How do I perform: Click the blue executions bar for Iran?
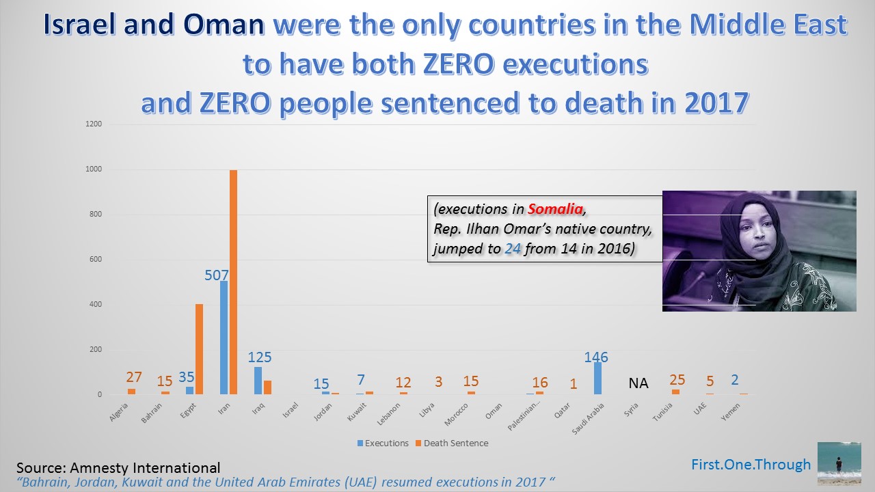tap(224, 338)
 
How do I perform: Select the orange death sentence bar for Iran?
tap(233, 282)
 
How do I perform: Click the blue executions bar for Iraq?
tap(258, 381)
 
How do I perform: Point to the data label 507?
tap(217, 275)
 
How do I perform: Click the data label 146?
tap(596, 357)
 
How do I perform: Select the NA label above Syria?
tap(638, 383)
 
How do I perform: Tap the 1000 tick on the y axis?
tap(94, 169)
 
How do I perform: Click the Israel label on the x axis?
tap(290, 411)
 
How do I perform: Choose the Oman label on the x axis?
tap(494, 410)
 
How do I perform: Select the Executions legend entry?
tap(383, 443)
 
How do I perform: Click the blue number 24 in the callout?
tap(513, 249)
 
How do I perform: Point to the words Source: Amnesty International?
tap(118, 468)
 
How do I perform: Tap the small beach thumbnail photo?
tap(839, 463)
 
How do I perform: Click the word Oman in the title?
tap(224, 25)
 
